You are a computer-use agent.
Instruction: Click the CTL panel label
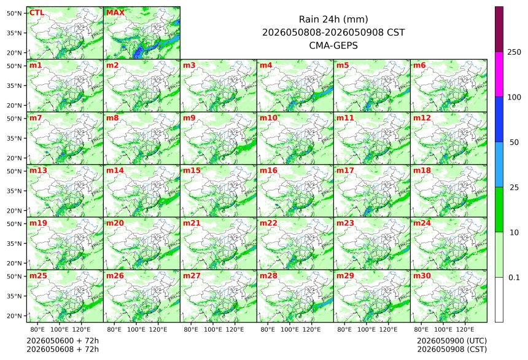(37, 13)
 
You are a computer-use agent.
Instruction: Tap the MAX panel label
(115, 13)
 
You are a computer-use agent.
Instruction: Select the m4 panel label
(266, 65)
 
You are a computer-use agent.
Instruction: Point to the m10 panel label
(268, 118)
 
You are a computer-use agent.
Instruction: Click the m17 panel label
(345, 171)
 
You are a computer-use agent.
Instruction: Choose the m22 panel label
(268, 223)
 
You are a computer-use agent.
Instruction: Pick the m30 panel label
(422, 276)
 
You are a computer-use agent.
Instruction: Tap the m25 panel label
(38, 276)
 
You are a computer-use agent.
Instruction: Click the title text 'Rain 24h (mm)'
(333, 20)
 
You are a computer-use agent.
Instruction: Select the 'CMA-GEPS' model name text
(333, 45)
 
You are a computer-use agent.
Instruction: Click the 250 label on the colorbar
(514, 52)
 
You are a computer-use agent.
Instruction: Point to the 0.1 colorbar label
(514, 278)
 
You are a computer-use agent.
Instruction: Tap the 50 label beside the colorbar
(514, 143)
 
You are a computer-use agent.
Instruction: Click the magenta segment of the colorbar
(499, 74)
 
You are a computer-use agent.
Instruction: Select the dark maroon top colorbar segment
(499, 29)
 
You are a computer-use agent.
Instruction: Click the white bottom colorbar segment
(499, 300)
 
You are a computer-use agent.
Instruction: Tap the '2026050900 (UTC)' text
(452, 341)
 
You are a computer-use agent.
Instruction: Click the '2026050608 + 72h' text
(63, 349)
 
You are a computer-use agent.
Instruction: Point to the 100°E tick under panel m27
(213, 329)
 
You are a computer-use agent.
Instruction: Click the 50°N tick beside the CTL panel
(14, 13)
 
